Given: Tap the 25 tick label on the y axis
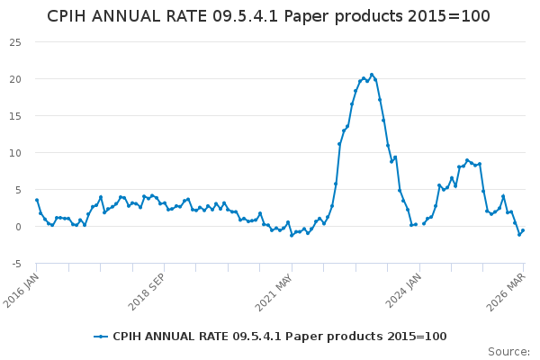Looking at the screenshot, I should coord(16,41).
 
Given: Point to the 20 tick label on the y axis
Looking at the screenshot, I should coord(16,78).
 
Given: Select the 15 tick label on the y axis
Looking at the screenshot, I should coord(16,115).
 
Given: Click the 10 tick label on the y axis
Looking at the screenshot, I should coord(16,152).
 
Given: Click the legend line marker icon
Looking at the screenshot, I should coord(101,336).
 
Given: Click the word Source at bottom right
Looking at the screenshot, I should coord(508,351).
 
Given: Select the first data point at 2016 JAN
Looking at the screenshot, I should coord(37,200).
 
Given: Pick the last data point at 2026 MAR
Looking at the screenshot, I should coord(523,230).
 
